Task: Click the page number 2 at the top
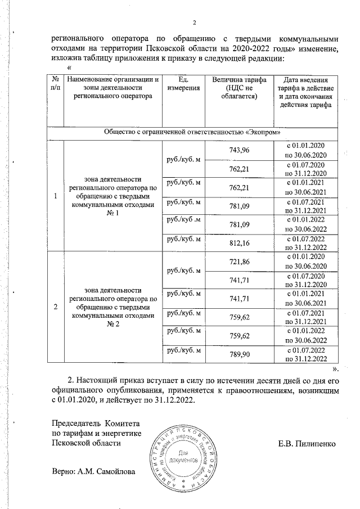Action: click(x=194, y=22)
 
